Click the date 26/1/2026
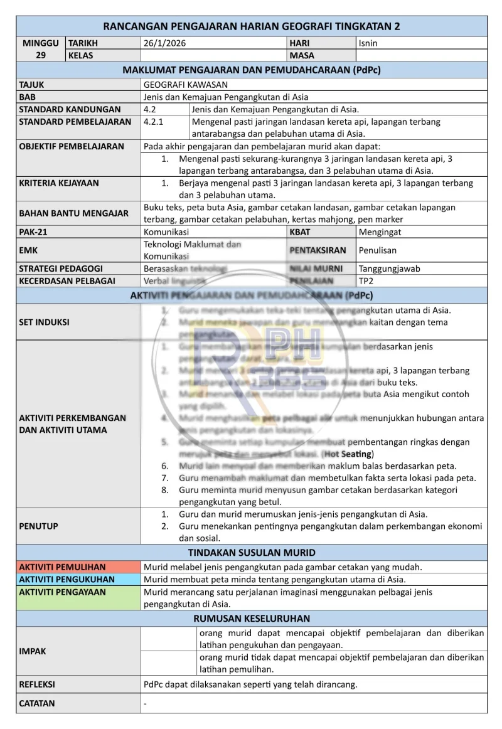coord(165,43)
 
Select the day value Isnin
coord(368,43)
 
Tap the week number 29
coord(41,55)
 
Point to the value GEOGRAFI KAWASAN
coord(186,84)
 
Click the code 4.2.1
coord(154,122)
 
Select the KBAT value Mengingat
coord(380,231)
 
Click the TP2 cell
coord(365,280)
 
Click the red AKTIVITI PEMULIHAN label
coord(62,567)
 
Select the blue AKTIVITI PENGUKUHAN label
coord(67,579)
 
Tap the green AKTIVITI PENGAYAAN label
coord(62,592)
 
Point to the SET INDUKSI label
coord(44,322)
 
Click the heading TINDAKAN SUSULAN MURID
coord(252,553)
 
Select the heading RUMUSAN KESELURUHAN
coord(252,618)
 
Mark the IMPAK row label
coord(32,651)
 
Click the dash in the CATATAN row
coord(146,704)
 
